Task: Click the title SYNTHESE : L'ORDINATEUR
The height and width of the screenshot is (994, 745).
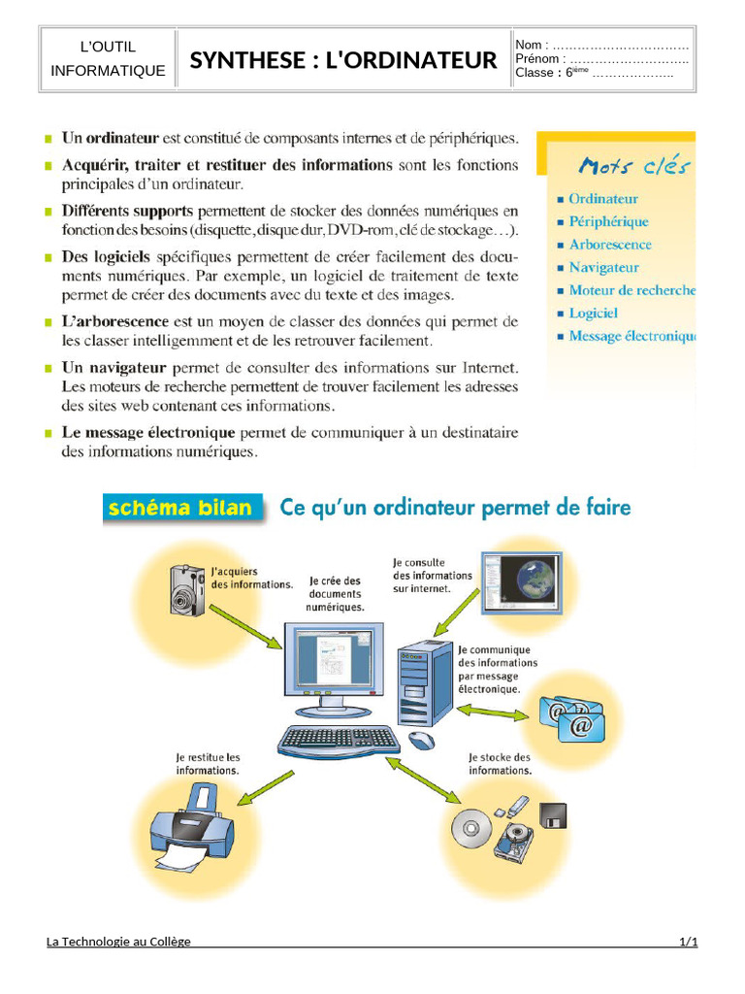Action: coord(342,60)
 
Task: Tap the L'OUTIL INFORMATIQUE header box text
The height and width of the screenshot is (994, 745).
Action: coord(108,59)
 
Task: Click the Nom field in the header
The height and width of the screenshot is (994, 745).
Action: coord(601,45)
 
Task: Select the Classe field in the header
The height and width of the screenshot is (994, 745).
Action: coord(594,73)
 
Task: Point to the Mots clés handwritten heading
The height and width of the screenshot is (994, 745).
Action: coord(633,166)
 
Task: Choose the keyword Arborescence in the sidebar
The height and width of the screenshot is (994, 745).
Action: coord(609,245)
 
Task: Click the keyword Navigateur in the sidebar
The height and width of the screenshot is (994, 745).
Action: coord(603,267)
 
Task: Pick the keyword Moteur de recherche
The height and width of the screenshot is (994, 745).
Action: coord(632,290)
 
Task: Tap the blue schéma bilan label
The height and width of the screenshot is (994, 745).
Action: coord(180,508)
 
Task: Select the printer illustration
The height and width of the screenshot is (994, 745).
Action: coord(191,826)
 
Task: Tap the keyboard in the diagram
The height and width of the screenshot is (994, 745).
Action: coord(338,741)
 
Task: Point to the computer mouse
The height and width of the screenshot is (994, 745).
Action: coord(421,740)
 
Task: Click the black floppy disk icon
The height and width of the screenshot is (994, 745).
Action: coord(554,815)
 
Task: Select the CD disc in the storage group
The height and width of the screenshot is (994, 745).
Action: coord(471,828)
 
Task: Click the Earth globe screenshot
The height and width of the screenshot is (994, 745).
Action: coord(523,581)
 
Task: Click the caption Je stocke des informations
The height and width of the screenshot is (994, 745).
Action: coord(500,763)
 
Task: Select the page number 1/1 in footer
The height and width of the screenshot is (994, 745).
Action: coord(688,941)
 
